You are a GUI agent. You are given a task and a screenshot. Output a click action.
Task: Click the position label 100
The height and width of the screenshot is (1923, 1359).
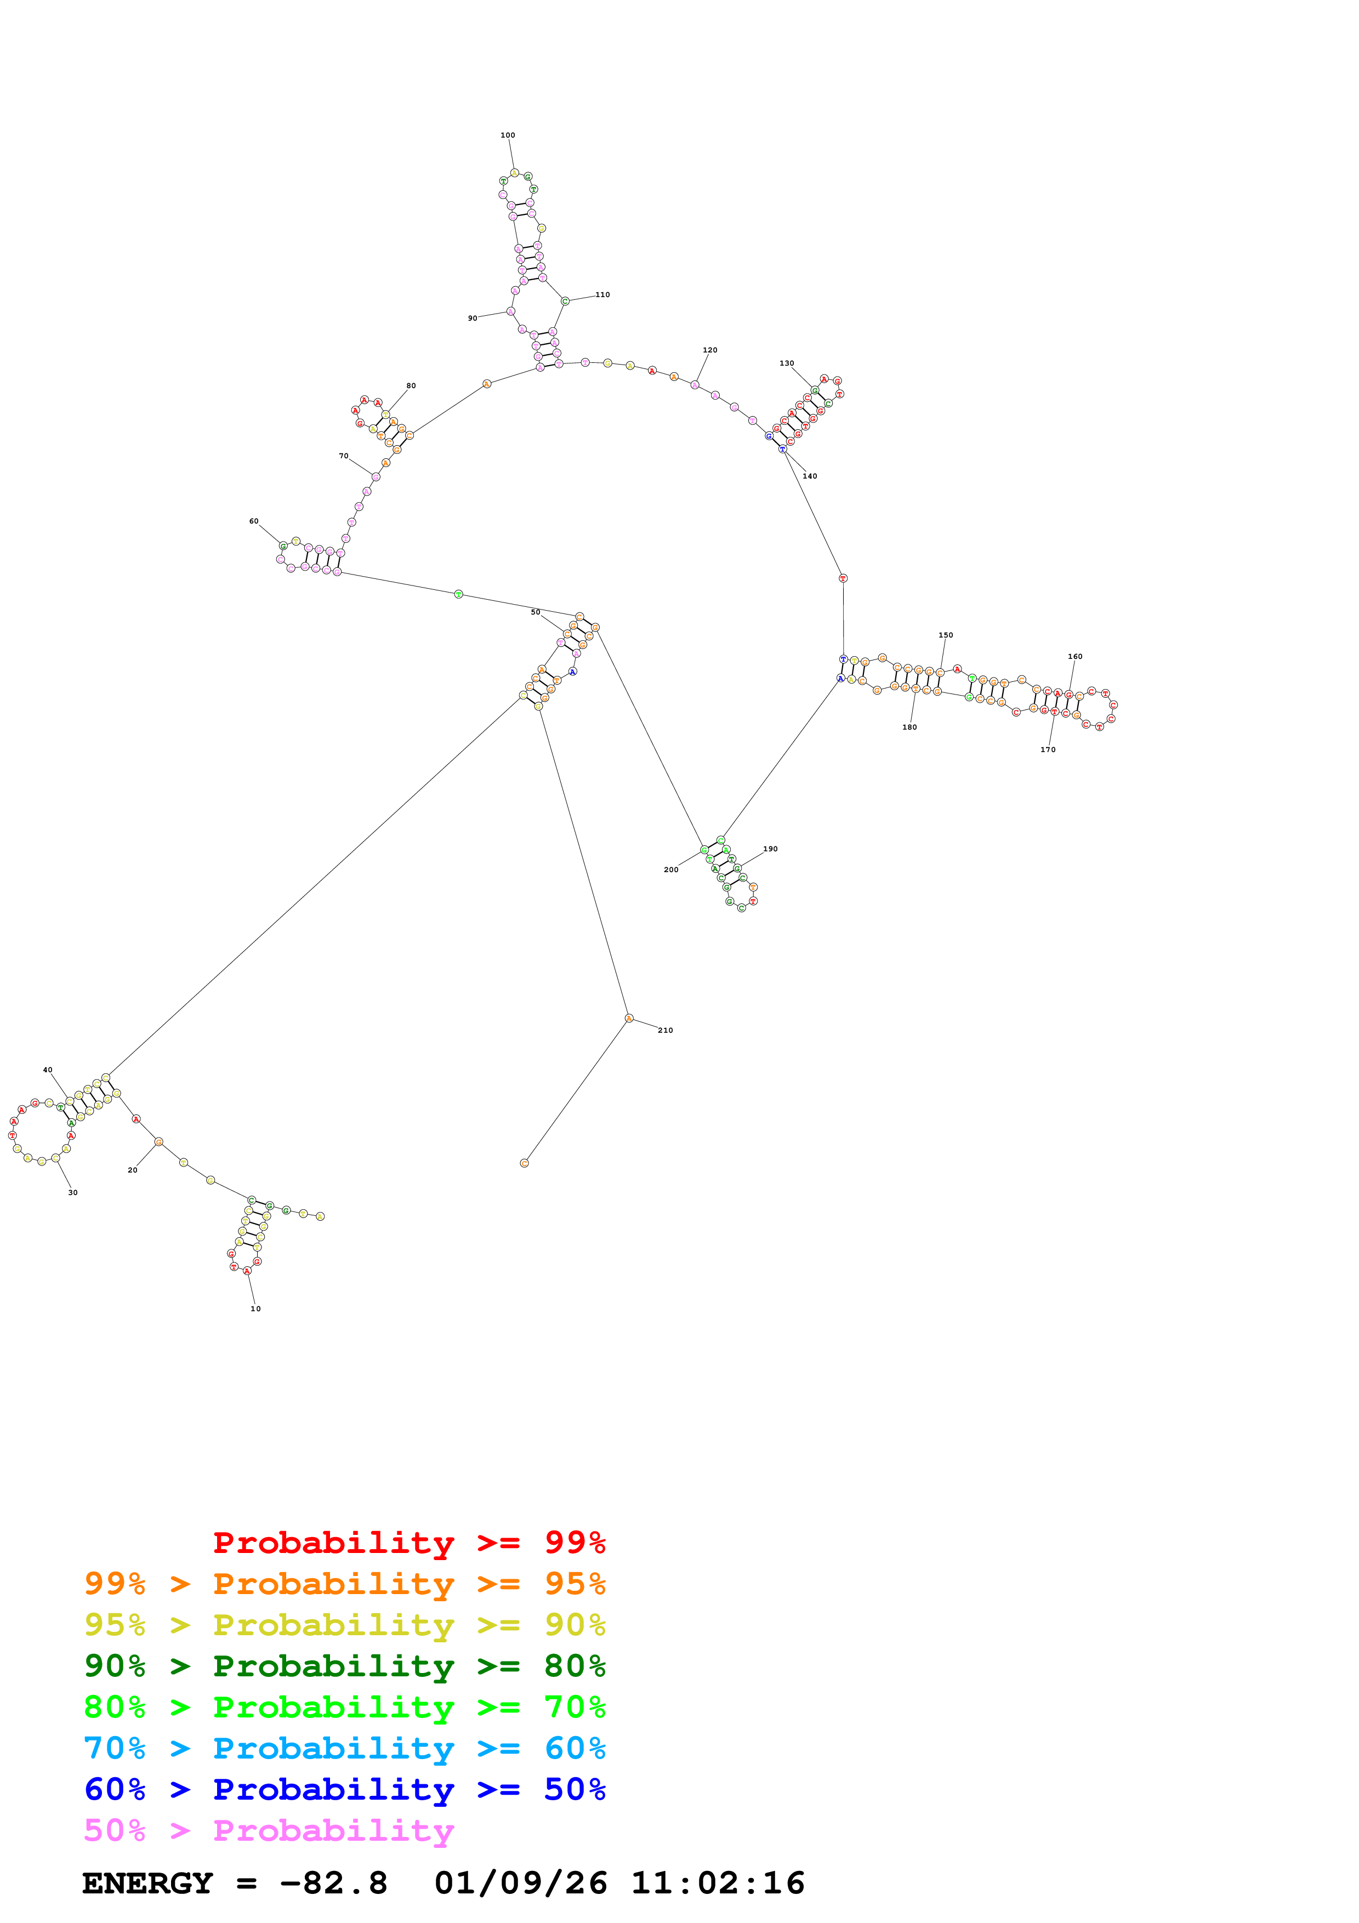[x=508, y=135]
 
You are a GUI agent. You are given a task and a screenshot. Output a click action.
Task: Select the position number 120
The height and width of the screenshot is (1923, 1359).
[x=709, y=350]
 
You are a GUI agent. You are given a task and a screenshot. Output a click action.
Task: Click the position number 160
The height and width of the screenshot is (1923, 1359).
[x=1074, y=657]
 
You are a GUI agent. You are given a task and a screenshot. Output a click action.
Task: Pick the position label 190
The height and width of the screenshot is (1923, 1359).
[x=770, y=849]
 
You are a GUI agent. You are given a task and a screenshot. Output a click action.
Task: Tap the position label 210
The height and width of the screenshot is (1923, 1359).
[x=665, y=1030]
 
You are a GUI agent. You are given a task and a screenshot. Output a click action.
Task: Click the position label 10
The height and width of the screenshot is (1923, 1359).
[x=255, y=1308]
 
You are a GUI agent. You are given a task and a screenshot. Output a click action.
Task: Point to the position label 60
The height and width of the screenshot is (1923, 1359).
[x=254, y=521]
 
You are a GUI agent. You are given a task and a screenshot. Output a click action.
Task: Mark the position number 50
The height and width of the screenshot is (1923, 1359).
[x=535, y=612]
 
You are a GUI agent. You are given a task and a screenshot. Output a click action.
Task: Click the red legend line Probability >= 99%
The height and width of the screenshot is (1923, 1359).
[x=408, y=1543]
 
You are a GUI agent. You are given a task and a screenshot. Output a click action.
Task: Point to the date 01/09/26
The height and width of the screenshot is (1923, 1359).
[x=520, y=1884]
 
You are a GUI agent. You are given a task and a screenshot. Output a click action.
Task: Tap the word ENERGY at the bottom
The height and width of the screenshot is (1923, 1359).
[x=147, y=1884]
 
